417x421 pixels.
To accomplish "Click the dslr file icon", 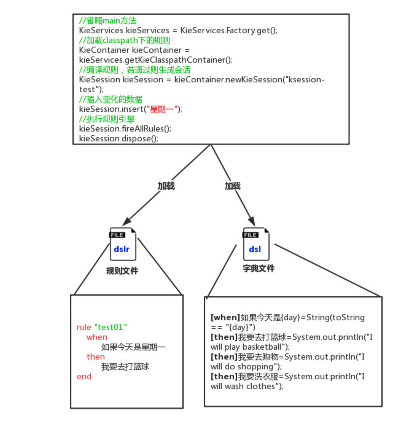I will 123,244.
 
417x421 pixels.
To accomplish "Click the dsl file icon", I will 256,244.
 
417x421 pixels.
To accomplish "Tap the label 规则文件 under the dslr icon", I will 122,271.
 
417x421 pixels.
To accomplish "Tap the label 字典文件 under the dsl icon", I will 259,269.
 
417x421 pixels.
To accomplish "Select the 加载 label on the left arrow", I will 166,186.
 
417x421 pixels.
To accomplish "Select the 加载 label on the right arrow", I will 233,186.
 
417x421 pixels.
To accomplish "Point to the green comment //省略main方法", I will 107,21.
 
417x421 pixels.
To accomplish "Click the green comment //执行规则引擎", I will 107,119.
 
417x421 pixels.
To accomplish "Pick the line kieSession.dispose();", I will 119,139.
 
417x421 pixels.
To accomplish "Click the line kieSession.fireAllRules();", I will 125,129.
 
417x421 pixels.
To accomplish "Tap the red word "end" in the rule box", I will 84,376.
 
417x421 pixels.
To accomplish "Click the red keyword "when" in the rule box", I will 97,337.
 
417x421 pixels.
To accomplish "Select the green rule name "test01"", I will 111,327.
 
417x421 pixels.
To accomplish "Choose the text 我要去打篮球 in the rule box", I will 125,367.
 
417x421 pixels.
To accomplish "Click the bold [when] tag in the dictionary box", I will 225,317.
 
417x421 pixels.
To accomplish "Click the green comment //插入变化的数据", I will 111,99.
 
